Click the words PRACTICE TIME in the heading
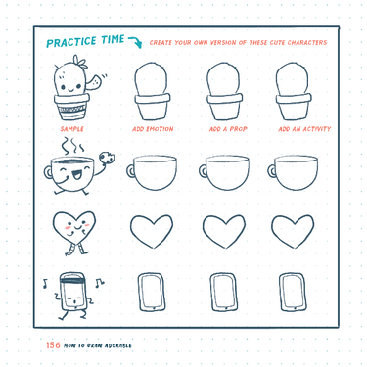pyautogui.click(x=85, y=41)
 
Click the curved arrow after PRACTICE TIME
pyautogui.click(x=134, y=42)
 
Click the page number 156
pyautogui.click(x=53, y=344)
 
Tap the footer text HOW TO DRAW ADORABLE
pyautogui.click(x=98, y=345)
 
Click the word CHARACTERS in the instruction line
pyautogui.click(x=309, y=43)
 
